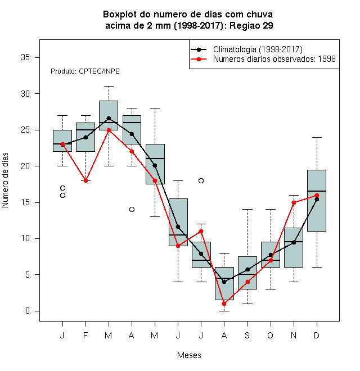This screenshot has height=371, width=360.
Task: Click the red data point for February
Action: [x=85, y=181]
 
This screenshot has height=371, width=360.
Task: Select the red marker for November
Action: [x=294, y=202]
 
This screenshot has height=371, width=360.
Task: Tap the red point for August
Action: [x=224, y=304]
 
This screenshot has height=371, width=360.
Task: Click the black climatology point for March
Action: [x=109, y=118]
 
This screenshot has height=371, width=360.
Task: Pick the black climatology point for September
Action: [x=247, y=269]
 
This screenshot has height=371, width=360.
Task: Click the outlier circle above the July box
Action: [x=201, y=181]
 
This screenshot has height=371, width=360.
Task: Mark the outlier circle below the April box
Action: [x=132, y=210]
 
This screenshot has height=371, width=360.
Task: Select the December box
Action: [x=317, y=201]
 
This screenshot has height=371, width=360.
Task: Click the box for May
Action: [x=155, y=164]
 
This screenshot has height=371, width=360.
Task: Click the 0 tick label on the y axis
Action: [x=28, y=311]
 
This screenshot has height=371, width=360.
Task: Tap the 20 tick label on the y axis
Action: [x=25, y=166]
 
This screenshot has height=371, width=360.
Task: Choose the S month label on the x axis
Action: [x=247, y=335]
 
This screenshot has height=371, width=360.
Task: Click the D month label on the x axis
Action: [x=317, y=335]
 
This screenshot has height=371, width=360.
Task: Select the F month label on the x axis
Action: [x=85, y=335]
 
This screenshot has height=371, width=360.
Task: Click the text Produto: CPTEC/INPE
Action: [x=85, y=71]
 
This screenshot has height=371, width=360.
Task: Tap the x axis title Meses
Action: [x=189, y=355]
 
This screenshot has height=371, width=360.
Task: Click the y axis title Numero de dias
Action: [x=5, y=180]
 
